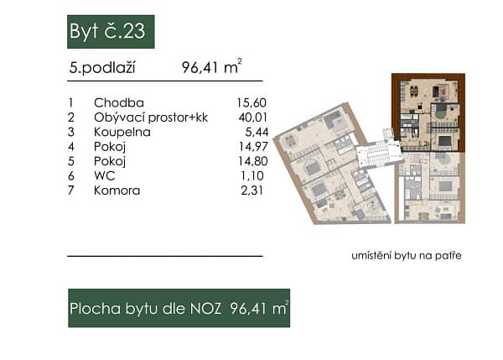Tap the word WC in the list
click(x=105, y=175)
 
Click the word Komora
click(x=117, y=190)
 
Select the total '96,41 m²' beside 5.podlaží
click(x=210, y=68)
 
